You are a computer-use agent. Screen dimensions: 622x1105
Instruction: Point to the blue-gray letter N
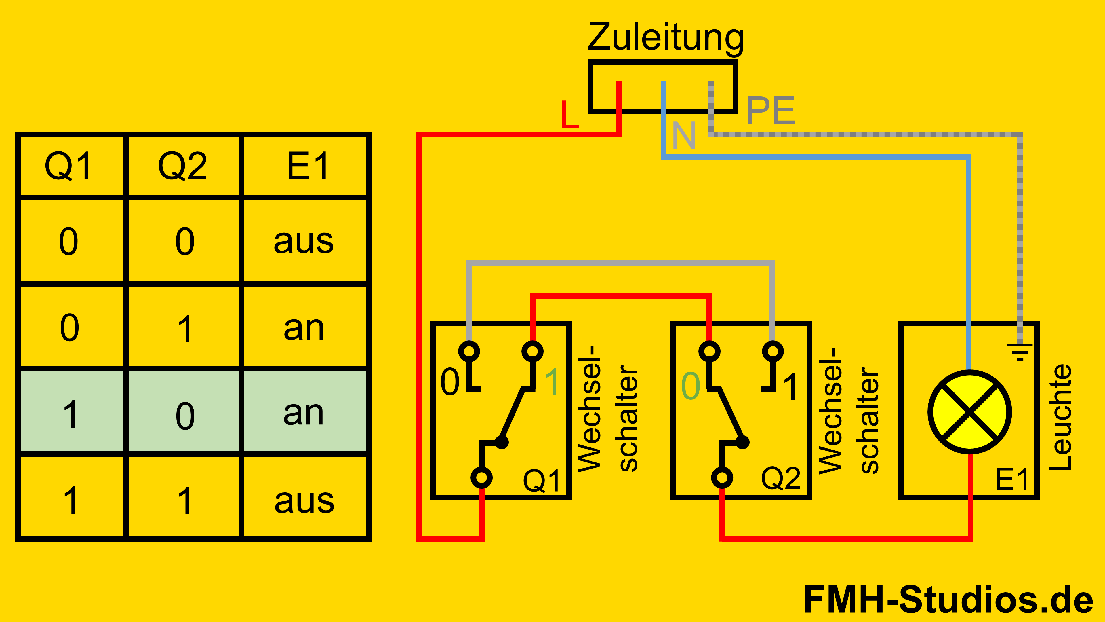coord(684,135)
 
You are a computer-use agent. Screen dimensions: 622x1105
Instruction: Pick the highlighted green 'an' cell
coord(304,413)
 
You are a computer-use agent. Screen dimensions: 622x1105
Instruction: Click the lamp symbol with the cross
coord(969,412)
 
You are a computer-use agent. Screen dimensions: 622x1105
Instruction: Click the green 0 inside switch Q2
coord(691,386)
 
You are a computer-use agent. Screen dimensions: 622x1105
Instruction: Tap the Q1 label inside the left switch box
coord(541,481)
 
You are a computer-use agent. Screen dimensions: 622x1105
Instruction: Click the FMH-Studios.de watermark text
coord(948,600)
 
